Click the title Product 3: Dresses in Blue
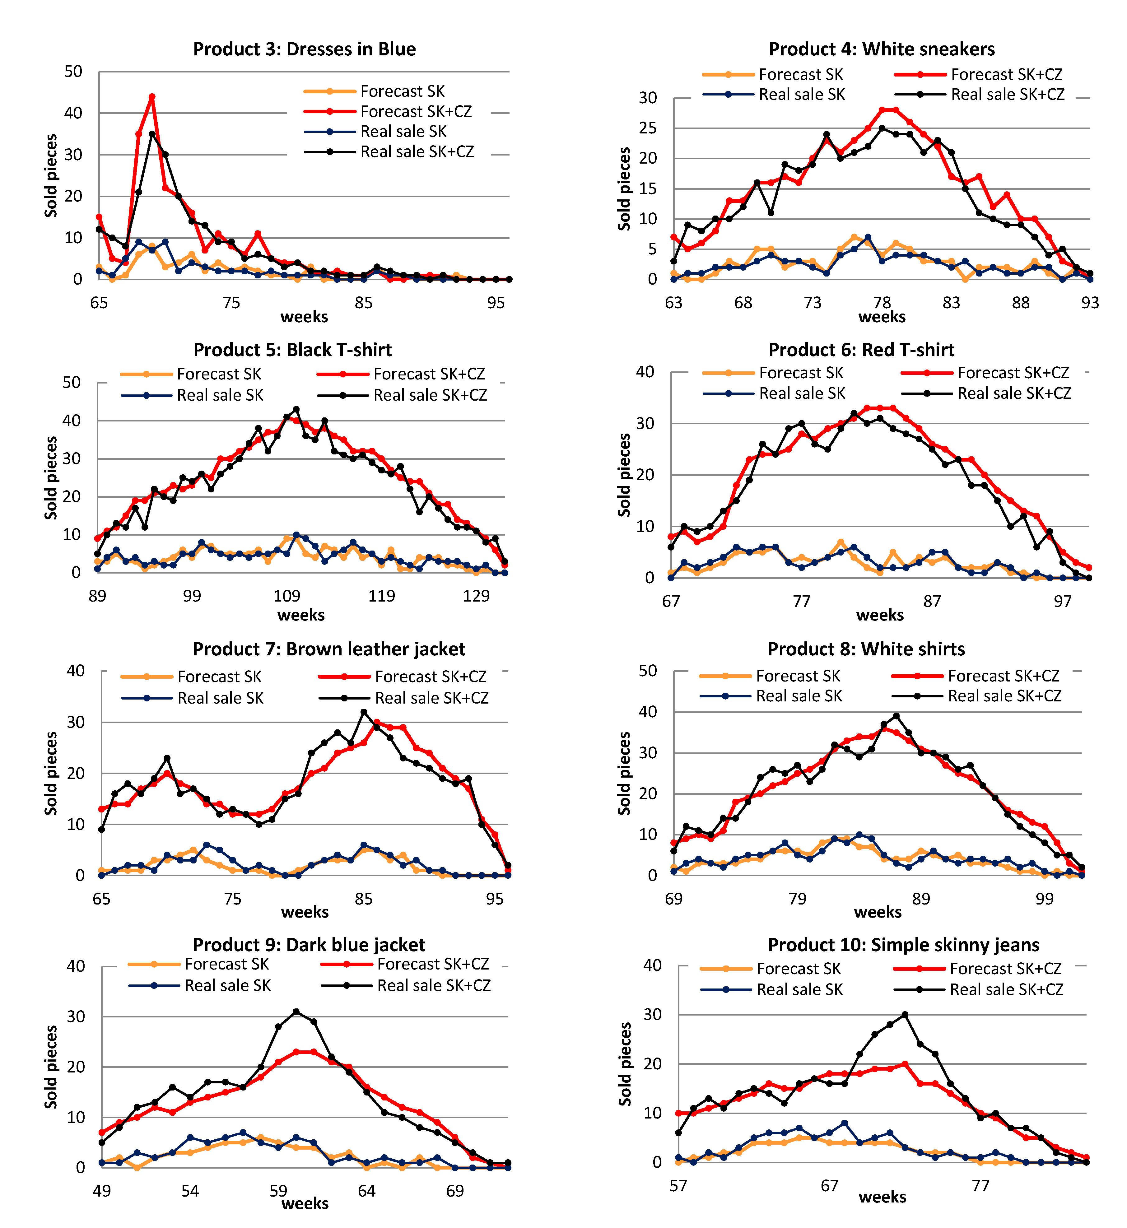[304, 49]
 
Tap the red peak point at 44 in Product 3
[152, 96]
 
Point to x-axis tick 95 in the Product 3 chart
[496, 303]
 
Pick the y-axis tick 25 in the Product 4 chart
[648, 128]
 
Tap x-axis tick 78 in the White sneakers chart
[882, 303]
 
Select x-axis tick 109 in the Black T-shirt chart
[286, 596]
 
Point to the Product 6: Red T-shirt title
[861, 350]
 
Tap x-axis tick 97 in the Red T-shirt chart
[1062, 601]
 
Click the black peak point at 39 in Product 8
[896, 716]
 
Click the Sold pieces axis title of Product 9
[51, 1067]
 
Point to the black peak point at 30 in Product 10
[905, 1015]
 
